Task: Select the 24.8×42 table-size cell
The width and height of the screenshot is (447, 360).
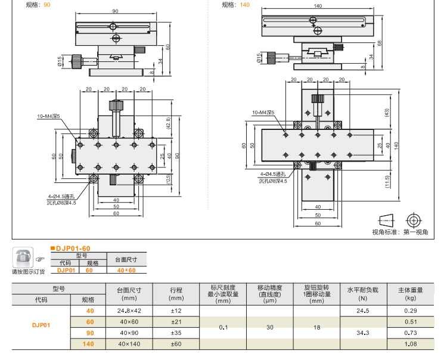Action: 129,311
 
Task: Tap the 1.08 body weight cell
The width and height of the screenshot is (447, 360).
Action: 411,344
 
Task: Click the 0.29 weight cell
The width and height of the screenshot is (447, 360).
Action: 411,311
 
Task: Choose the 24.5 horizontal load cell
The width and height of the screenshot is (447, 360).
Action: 363,311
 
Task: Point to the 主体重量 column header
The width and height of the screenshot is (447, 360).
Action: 411,290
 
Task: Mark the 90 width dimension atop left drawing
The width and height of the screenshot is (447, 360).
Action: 114,11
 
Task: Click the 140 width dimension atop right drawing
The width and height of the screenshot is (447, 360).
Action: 318,5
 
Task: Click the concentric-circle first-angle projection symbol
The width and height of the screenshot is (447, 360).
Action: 414,219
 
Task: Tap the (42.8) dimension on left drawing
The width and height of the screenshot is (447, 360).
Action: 169,122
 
